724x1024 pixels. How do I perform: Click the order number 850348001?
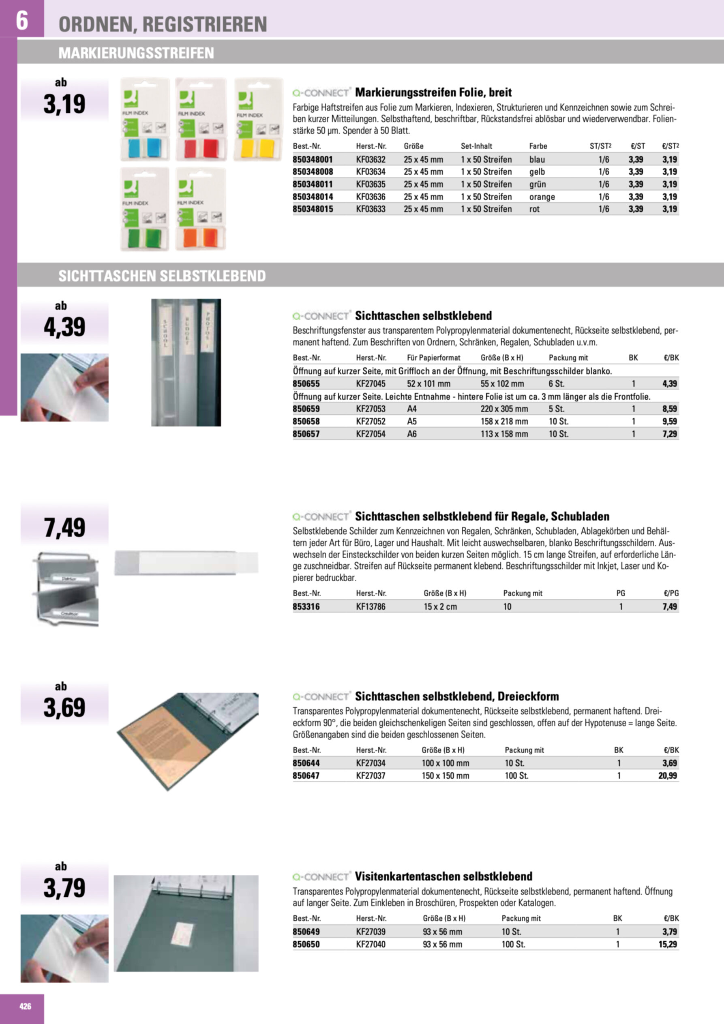(x=313, y=159)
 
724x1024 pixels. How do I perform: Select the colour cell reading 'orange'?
(x=542, y=197)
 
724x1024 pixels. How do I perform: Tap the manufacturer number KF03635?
(x=370, y=184)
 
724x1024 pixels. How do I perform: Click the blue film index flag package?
(x=145, y=119)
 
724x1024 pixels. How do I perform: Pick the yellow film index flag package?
(x=258, y=119)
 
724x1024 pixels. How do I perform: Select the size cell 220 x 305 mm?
(x=504, y=409)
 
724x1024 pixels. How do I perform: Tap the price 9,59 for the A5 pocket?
(x=669, y=421)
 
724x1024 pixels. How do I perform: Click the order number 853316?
(x=306, y=606)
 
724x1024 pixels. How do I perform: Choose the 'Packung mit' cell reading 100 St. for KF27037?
(x=516, y=775)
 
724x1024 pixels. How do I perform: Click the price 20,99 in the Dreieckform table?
(x=667, y=775)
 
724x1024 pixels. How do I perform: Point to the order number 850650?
(x=306, y=944)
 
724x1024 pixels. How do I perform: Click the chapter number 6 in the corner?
(x=22, y=20)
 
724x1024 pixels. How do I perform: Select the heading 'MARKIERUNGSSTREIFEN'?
(x=136, y=53)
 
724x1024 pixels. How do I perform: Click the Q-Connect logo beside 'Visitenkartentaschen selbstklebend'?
(x=321, y=876)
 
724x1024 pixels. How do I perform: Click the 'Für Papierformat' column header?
(x=433, y=358)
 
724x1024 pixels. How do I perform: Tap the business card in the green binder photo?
(x=183, y=932)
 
